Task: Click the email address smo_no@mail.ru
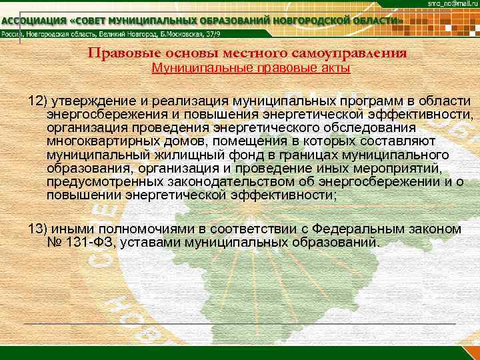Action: tap(453, 4)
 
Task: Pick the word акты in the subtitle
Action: tap(334, 68)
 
